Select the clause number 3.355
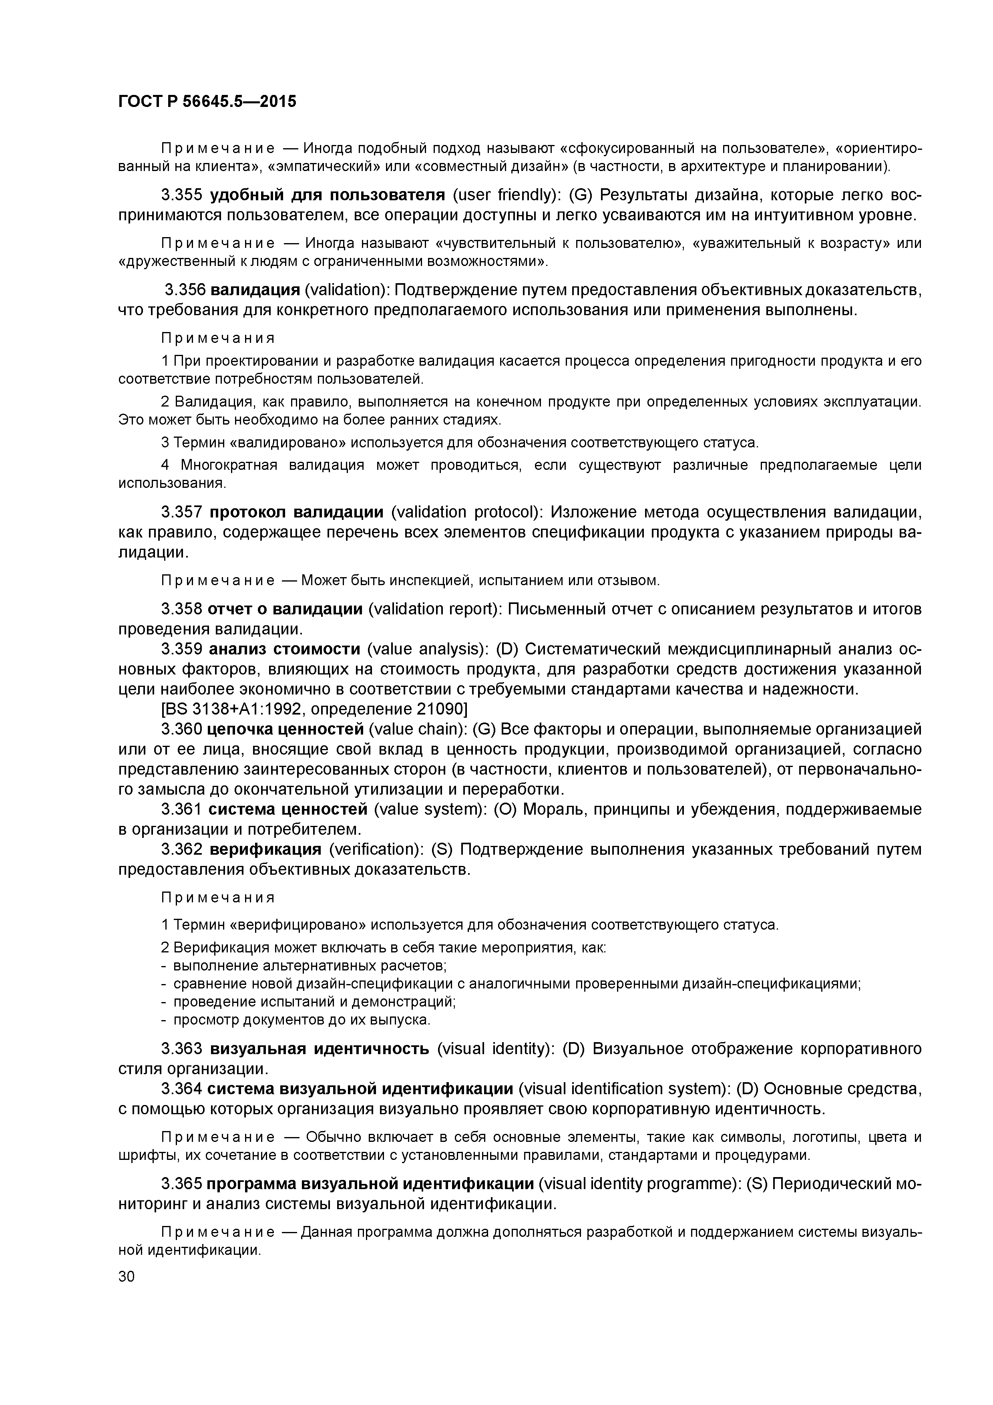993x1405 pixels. [x=181, y=195]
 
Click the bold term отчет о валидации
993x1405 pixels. [x=285, y=609]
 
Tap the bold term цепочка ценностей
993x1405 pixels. [x=285, y=729]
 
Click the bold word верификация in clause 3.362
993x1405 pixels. [x=265, y=849]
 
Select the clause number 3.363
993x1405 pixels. [x=181, y=1049]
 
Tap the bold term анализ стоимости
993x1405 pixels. [x=285, y=649]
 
